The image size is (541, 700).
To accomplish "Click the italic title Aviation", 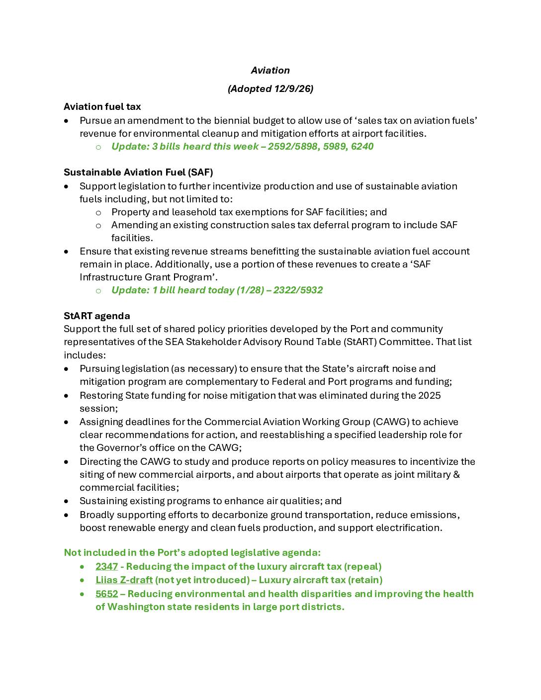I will pyautogui.click(x=270, y=71).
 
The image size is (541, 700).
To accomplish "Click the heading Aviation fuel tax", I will pyautogui.click(x=102, y=107).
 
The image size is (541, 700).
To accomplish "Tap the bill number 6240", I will pyautogui.click(x=362, y=147).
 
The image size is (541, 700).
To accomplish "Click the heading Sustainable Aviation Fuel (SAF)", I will pyautogui.click(x=138, y=173).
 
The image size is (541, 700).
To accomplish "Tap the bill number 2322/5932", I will pyautogui.click(x=298, y=290).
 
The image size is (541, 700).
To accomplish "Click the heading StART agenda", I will pyautogui.click(x=97, y=316).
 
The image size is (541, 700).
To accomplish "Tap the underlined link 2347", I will pyautogui.click(x=106, y=567).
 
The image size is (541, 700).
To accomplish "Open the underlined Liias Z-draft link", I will pyautogui.click(x=124, y=580).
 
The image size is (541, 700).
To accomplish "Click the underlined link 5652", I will pyautogui.click(x=106, y=594).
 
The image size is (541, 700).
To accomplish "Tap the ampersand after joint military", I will pyautogui.click(x=456, y=475).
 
